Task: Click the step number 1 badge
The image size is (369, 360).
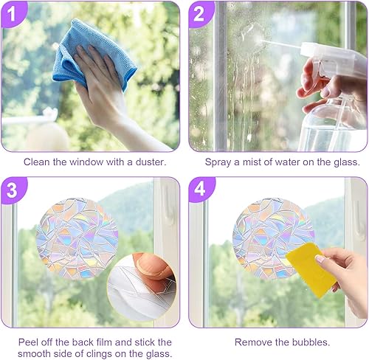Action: (13, 14)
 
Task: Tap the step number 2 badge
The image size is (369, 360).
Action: (200, 14)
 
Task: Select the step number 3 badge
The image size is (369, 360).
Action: (13, 190)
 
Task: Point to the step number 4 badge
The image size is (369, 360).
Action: (200, 190)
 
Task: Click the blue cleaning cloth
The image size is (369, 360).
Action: (94, 54)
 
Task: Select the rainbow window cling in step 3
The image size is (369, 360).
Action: (77, 238)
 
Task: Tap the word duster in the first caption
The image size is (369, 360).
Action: (151, 162)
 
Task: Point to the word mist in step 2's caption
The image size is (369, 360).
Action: (251, 162)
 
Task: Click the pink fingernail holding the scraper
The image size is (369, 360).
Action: (320, 259)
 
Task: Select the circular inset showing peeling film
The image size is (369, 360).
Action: (142, 286)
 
